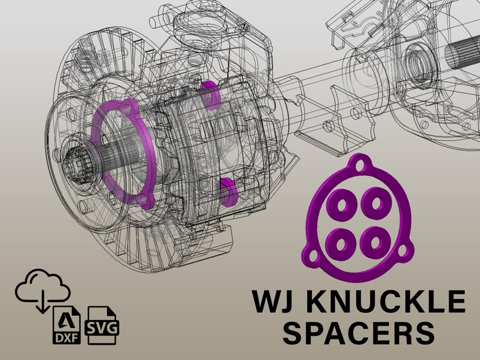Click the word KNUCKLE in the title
click(x=388, y=301)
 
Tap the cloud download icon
click(x=42, y=290)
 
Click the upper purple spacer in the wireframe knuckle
click(x=210, y=94)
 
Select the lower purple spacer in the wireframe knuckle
click(x=228, y=191)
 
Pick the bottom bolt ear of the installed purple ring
click(x=143, y=199)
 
